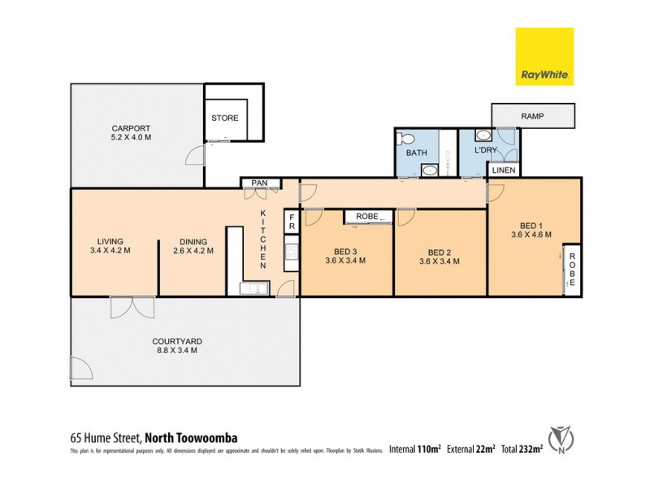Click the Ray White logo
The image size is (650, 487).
tap(544, 57)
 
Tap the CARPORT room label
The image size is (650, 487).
tap(131, 128)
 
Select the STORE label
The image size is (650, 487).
tap(225, 119)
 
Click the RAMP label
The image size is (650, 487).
tap(533, 116)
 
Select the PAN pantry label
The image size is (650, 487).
tap(259, 183)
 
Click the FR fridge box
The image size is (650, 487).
tap(289, 223)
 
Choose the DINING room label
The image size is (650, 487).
tap(190, 241)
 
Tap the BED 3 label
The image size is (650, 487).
tap(345, 252)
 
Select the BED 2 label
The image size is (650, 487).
tap(440, 252)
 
